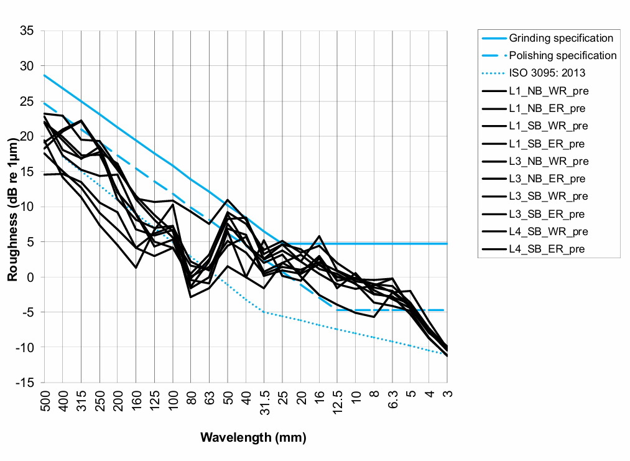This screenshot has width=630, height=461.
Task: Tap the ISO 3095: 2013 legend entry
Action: click(547, 73)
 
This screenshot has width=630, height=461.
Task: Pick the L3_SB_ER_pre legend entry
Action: click(547, 215)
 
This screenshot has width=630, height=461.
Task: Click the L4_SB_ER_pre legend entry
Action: click(547, 249)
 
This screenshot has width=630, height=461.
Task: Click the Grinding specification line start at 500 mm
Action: click(45, 75)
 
